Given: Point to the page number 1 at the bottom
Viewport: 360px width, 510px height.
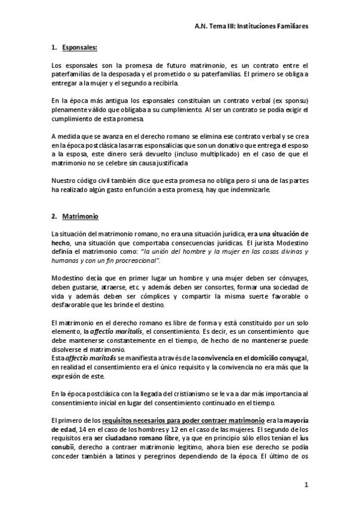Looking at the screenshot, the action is point(305,485).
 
